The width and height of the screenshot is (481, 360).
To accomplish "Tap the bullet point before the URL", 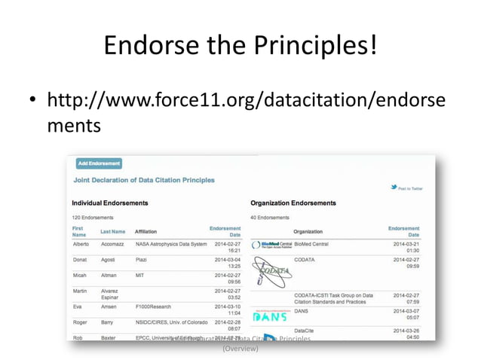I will click(x=31, y=100).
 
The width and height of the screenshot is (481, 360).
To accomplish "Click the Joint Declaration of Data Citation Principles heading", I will click(x=144, y=180).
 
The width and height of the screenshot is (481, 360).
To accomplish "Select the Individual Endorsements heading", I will click(x=109, y=203).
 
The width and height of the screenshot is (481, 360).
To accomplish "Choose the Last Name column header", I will click(x=113, y=231).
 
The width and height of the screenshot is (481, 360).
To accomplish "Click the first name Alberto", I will click(x=81, y=244).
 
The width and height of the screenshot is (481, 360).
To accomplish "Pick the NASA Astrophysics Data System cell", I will click(x=170, y=244).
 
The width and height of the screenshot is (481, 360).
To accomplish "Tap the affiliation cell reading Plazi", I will click(x=141, y=260).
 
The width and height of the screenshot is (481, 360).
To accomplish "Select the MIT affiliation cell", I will click(x=139, y=276).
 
